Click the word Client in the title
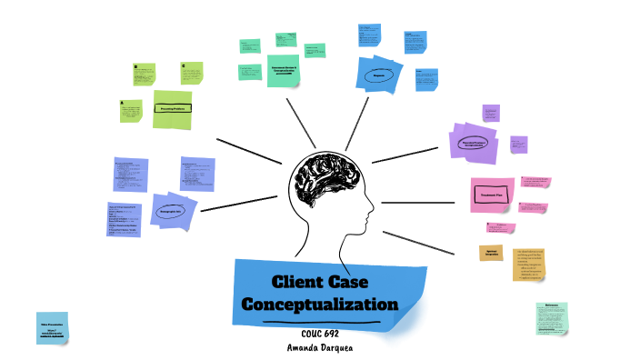click(x=299, y=283)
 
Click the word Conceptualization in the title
click(x=330, y=304)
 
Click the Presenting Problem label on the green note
click(x=172, y=108)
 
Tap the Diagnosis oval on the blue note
click(x=379, y=75)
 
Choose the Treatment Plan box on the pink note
click(x=492, y=195)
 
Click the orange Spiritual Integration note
click(x=491, y=252)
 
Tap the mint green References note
click(x=551, y=319)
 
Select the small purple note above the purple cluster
click(x=491, y=113)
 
